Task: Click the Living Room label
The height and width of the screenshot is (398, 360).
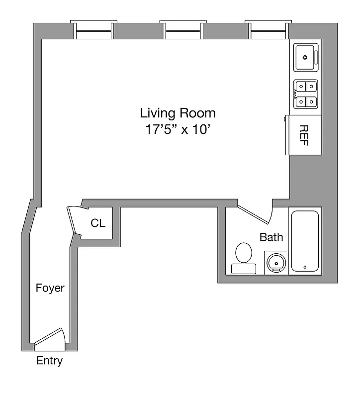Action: point(178,113)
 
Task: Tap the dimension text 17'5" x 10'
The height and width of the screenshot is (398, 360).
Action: point(178,130)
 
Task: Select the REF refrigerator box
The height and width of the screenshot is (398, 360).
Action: point(303,135)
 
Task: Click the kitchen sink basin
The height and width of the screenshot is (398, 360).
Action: point(304,57)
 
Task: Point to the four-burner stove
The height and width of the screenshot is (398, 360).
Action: point(305,94)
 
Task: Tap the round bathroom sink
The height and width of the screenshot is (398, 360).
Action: point(275,262)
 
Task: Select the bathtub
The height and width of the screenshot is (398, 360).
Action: point(305,241)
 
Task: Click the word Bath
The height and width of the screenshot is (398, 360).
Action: point(271,237)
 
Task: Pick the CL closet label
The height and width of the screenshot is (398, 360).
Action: point(98,223)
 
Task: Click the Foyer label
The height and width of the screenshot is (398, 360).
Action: point(50,288)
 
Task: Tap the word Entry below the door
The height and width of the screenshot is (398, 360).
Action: point(50,361)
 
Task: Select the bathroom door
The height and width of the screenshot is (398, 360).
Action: point(255,213)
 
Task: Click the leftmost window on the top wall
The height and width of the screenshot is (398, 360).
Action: point(93,30)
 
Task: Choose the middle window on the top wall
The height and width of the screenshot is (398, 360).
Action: point(183,30)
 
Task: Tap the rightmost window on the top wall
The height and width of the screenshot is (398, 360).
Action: point(269,30)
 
